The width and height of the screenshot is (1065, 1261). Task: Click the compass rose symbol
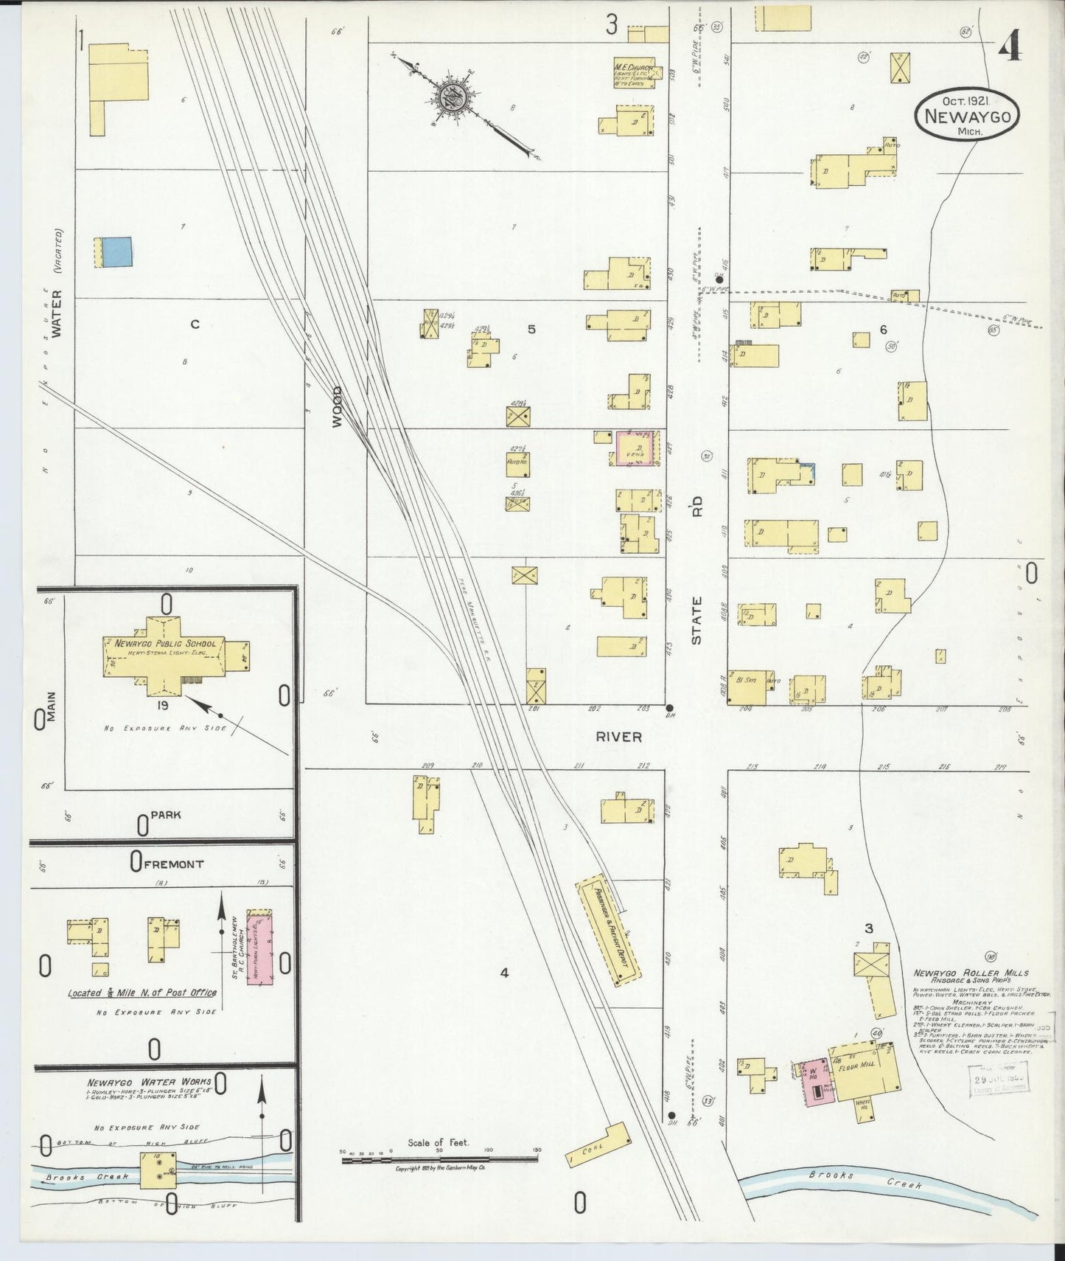[449, 97]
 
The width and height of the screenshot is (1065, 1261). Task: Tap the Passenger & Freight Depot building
[609, 929]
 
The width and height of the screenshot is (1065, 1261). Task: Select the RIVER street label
[618, 737]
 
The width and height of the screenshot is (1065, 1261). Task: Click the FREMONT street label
[176, 864]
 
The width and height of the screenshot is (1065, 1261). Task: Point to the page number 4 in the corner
[1009, 49]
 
